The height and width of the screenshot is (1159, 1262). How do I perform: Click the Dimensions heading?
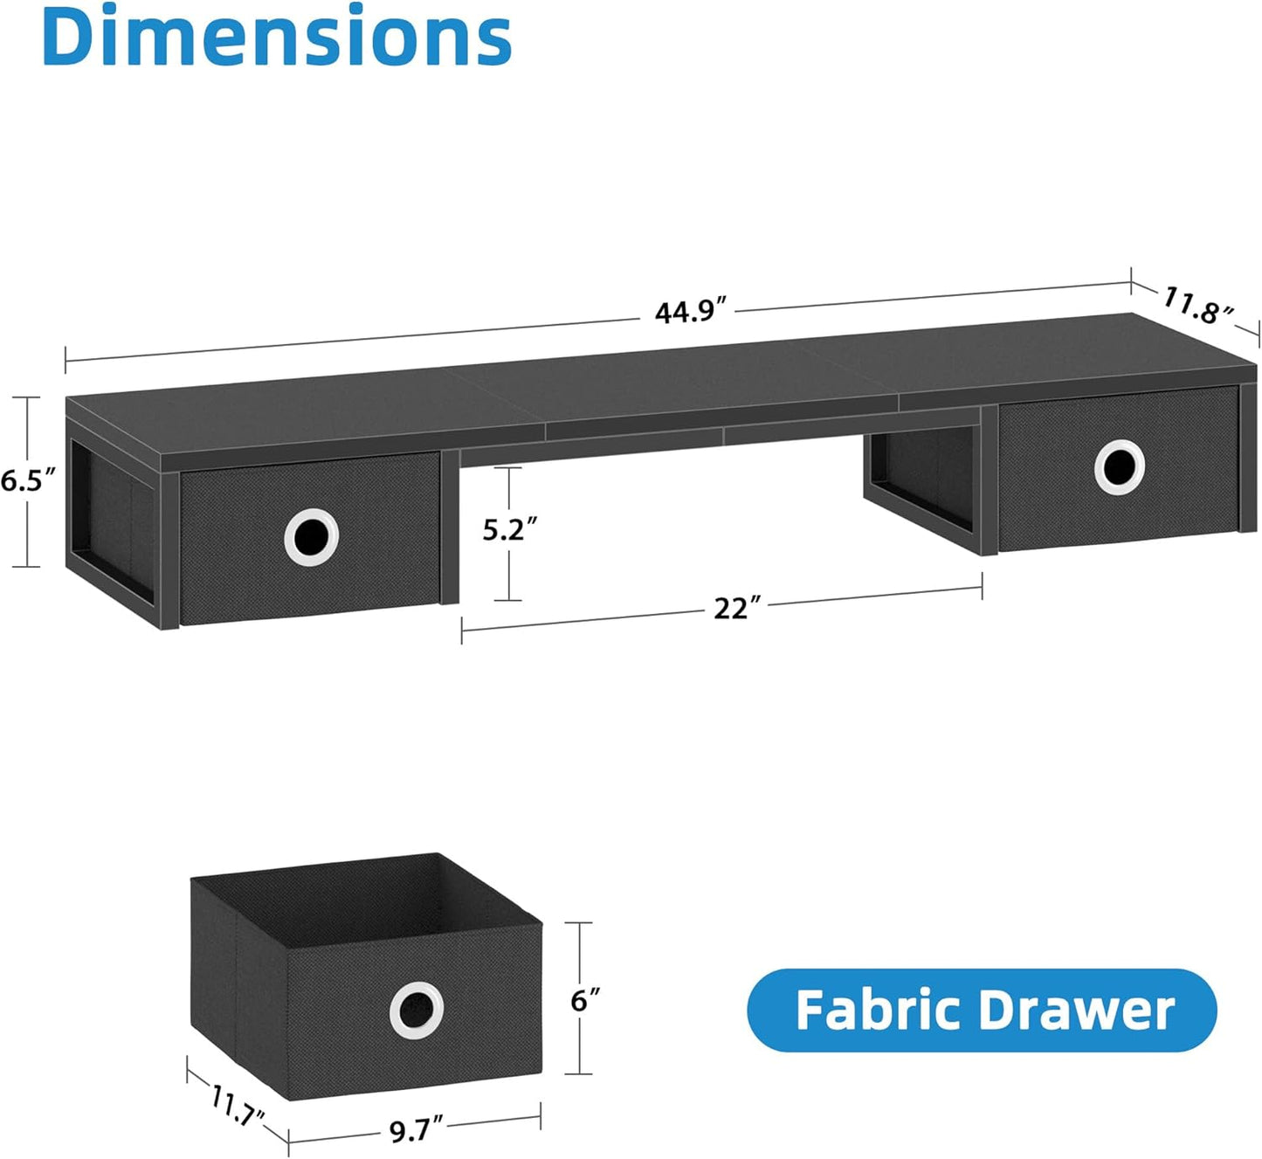276,37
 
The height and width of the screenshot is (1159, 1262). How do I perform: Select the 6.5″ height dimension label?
28,480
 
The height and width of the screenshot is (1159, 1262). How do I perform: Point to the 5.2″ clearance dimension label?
509,529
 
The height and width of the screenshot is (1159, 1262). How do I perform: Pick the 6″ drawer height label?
585,1000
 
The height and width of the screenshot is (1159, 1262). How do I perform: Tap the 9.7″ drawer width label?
416,1130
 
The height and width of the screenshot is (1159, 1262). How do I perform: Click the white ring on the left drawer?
311,537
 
